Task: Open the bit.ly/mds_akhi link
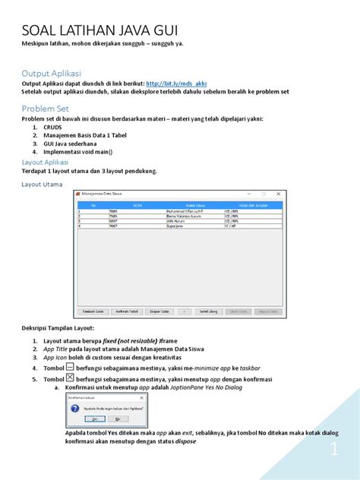click(x=175, y=84)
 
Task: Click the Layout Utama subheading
click(x=43, y=184)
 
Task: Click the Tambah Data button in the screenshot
click(x=92, y=311)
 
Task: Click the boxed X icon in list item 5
click(x=69, y=377)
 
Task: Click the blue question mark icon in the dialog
click(x=74, y=408)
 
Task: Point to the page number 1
click(x=333, y=451)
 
